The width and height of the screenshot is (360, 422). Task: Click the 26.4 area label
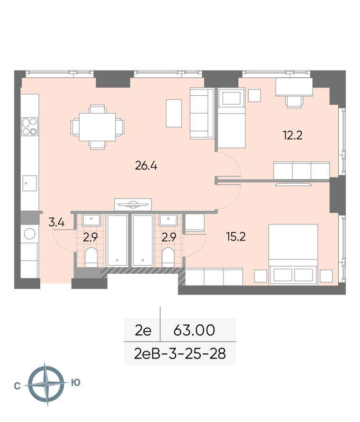pos(146,166)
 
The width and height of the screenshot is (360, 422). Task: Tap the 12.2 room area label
pos(292,135)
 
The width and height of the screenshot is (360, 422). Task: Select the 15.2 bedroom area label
pos(236,237)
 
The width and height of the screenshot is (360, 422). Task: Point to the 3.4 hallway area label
pos(56,222)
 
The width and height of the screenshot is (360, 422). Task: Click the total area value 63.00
pos(194,330)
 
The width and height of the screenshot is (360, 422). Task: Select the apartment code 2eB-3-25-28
pos(180,353)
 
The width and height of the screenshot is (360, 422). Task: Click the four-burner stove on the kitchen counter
pos(30,126)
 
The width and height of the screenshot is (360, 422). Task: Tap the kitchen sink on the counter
pos(30,183)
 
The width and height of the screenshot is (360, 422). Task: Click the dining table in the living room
pos(98,127)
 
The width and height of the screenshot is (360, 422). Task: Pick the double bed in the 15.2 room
pos(293,254)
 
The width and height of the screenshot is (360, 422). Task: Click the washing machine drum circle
pos(30,234)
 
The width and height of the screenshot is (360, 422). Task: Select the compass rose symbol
pos(46,384)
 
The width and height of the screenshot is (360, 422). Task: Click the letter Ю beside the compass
pos(76,382)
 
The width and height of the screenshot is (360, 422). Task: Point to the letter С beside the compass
pos(17,386)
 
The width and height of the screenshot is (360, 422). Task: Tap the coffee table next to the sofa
pos(174,113)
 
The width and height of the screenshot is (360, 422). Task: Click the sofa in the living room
pos(202,113)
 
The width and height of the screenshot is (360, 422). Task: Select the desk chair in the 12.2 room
pos(294,102)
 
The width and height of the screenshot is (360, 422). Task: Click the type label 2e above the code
pos(143,330)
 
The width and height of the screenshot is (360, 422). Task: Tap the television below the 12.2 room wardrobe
pos(293,184)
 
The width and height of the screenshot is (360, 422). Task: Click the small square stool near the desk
pos(254,96)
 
